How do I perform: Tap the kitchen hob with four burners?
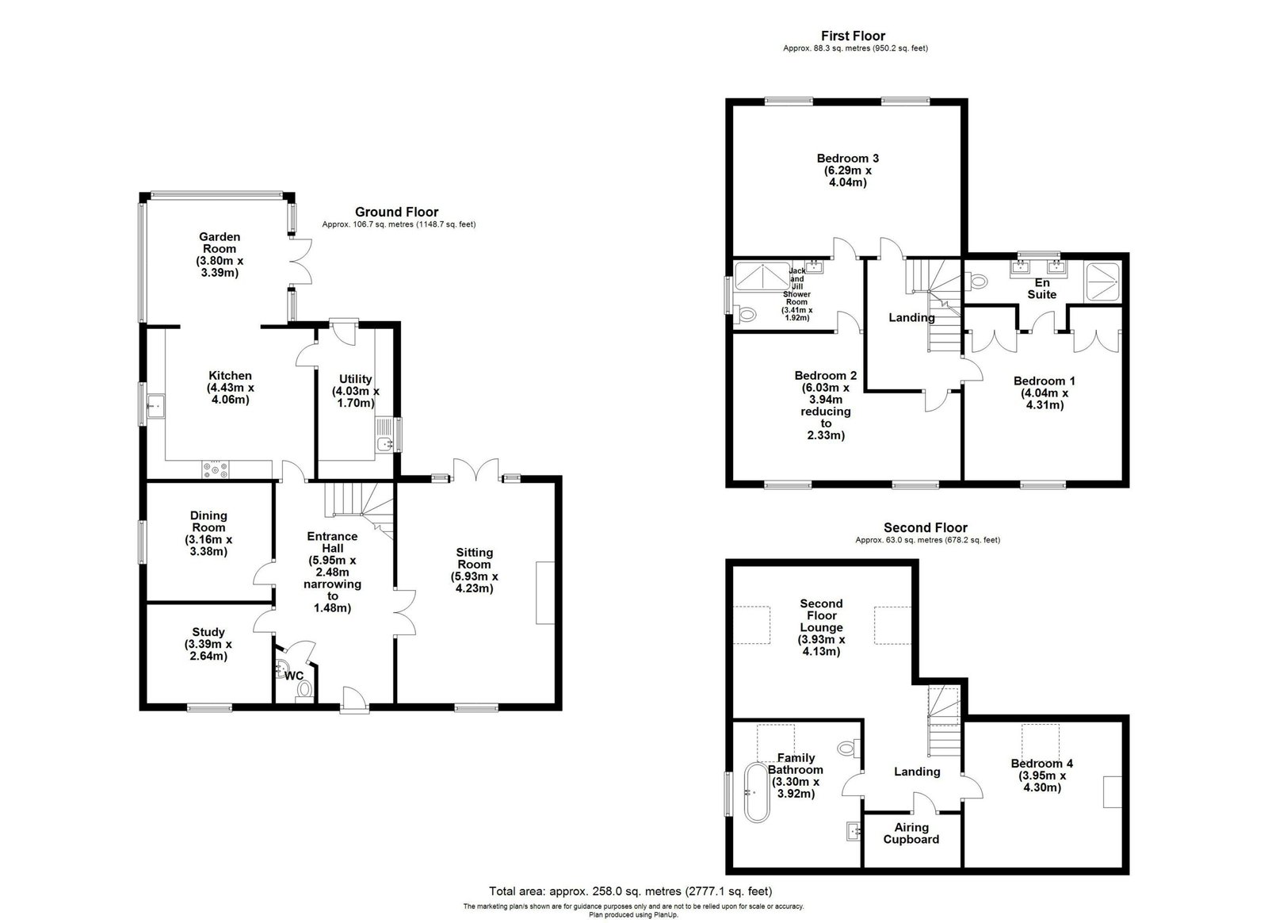(x=216, y=469)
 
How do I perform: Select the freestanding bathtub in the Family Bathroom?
(x=757, y=792)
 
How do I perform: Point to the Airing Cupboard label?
(x=911, y=833)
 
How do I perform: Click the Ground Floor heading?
(x=397, y=212)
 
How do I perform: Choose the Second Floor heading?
(x=926, y=527)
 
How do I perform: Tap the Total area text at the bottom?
(x=631, y=891)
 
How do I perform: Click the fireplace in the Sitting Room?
(x=545, y=593)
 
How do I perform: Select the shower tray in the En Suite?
(x=1102, y=282)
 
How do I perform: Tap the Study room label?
(x=208, y=632)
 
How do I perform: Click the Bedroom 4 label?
(x=1042, y=764)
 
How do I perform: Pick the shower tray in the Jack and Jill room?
(x=762, y=276)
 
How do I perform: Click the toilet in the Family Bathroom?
(x=849, y=748)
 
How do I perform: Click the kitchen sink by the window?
(x=155, y=406)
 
